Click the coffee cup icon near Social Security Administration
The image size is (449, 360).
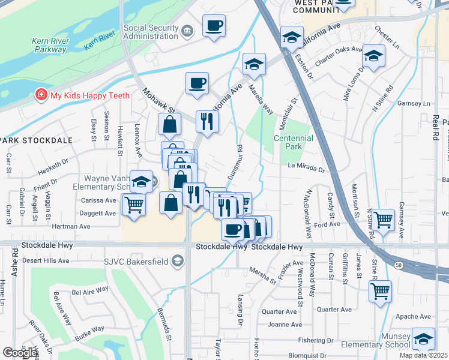pyautogui.click(x=214, y=26)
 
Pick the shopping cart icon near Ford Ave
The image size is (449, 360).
pyautogui.click(x=382, y=220)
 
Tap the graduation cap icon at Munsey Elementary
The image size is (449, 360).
pyautogui.click(x=423, y=339)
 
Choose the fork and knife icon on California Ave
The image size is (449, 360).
pyautogui.click(x=207, y=121)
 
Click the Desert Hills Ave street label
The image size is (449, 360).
pyautogui.click(x=45, y=261)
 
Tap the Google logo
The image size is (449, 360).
pyautogui.click(x=20, y=353)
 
